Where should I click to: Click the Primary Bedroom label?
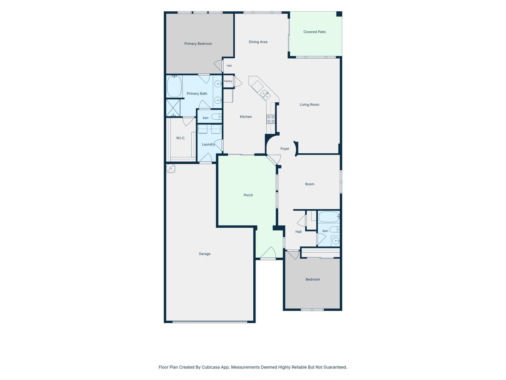[198, 44]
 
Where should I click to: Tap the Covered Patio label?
[314, 32]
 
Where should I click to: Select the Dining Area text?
[258, 42]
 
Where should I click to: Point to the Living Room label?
[309, 104]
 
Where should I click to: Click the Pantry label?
[228, 81]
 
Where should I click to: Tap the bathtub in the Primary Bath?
[174, 86]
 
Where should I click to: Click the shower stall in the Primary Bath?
[173, 108]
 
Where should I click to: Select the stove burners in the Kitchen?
[271, 119]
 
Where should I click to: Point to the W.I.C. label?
[181, 138]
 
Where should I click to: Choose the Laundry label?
[208, 144]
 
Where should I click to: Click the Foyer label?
[285, 149]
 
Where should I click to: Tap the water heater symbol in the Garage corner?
[170, 168]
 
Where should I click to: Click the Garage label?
[205, 254]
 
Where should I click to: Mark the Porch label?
[248, 195]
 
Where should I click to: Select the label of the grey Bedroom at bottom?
[312, 279]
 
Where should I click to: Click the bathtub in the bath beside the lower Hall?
[329, 217]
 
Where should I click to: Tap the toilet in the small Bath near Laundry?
[216, 117]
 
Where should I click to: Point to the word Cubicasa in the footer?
[211, 367]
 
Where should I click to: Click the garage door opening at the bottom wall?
[210, 322]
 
